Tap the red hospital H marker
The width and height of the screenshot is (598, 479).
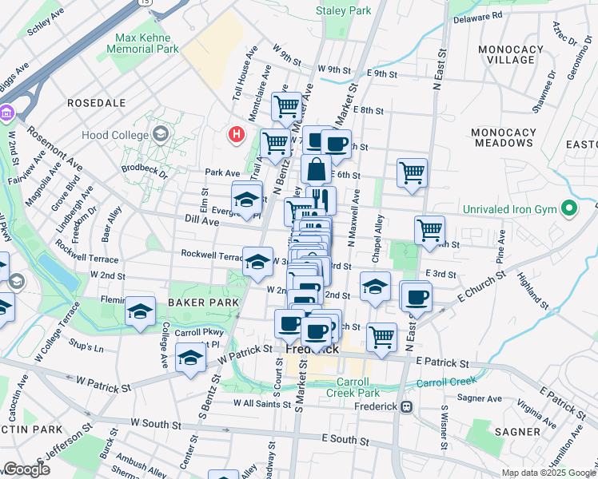pyautogui.click(x=236, y=134)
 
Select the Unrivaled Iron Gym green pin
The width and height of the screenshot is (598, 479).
pyautogui.click(x=568, y=209)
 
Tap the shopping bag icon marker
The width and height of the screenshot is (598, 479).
pyautogui.click(x=317, y=169)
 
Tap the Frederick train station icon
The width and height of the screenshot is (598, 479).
pyautogui.click(x=407, y=406)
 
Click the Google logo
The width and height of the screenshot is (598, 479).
pyautogui.click(x=26, y=469)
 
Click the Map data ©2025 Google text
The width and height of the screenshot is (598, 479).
pyautogui.click(x=548, y=473)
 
